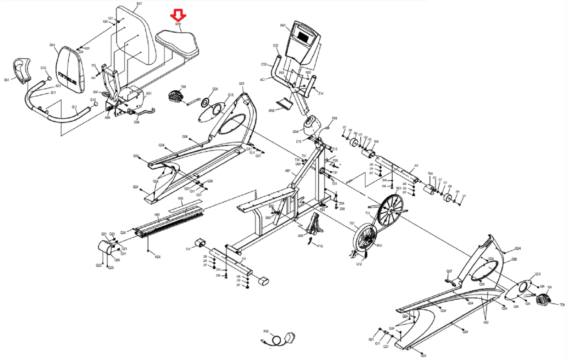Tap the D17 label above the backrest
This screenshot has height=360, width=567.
139,4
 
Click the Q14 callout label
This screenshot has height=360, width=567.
52,45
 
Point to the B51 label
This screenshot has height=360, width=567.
7,80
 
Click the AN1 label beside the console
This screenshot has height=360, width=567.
282,26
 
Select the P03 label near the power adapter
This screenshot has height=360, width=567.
266,331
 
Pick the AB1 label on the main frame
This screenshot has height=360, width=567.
288,171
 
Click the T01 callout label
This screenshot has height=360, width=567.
352,223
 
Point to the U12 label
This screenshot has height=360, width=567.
359,264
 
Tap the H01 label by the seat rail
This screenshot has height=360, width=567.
157,215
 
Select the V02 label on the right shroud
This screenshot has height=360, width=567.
485,322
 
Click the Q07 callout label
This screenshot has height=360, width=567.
449,271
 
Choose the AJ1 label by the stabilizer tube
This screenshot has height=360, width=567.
416,165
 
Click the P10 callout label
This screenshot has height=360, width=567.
320,246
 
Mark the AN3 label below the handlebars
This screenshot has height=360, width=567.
271,111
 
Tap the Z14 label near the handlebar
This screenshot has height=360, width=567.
320,94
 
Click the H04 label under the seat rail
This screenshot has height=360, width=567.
158,257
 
